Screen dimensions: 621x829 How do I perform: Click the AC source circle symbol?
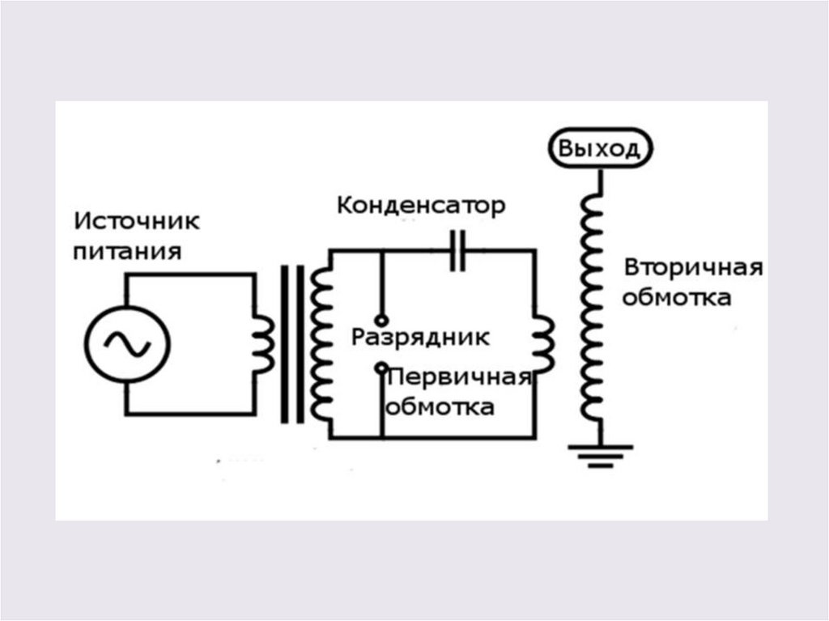pyautogui.click(x=129, y=345)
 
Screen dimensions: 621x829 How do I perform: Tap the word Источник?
pyautogui.click(x=137, y=220)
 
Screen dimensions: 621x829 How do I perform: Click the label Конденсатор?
pyautogui.click(x=421, y=205)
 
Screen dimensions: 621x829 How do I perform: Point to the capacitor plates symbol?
pyautogui.click(x=458, y=250)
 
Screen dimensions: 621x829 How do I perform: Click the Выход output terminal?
pyautogui.click(x=600, y=149)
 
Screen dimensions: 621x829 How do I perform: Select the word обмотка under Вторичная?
pyautogui.click(x=677, y=298)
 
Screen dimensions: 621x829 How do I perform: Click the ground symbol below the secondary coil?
pyautogui.click(x=601, y=457)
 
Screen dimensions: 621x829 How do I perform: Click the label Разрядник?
pyautogui.click(x=420, y=337)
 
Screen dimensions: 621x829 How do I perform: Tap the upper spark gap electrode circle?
pyautogui.click(x=380, y=320)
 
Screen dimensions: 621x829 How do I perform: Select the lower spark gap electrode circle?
pyautogui.click(x=380, y=368)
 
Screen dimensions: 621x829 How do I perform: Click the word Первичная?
pyautogui.click(x=459, y=378)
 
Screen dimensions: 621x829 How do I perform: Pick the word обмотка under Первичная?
pyautogui.click(x=440, y=406)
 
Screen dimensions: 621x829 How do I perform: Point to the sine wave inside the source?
pyautogui.click(x=129, y=345)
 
